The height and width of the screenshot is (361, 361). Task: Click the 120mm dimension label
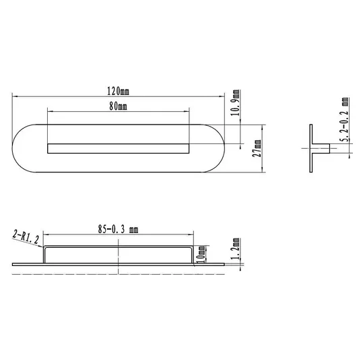coord(118,91)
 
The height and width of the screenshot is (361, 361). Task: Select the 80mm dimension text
coord(118,106)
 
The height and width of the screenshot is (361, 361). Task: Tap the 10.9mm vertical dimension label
coord(236,102)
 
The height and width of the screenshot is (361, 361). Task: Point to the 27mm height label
coord(257,148)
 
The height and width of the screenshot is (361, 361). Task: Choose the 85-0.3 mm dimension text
coord(118,229)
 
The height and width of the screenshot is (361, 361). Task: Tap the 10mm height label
coord(200,255)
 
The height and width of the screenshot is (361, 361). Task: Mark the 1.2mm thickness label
coord(236,249)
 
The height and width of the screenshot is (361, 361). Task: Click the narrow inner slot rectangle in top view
coord(118,148)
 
